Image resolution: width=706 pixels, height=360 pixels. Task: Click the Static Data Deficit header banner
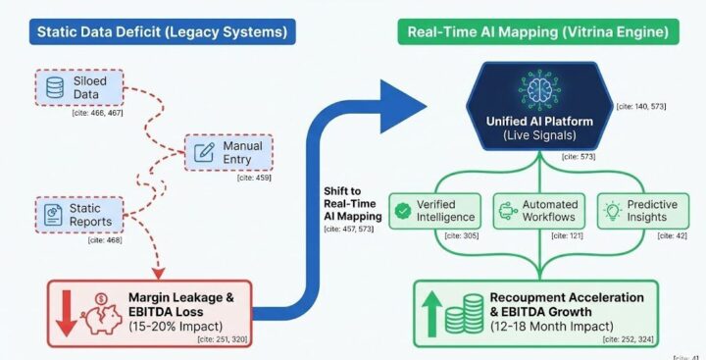pos(162,30)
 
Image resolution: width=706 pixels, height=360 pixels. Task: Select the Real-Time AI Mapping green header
pos(538,30)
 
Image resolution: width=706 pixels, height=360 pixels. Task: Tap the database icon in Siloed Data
pos(57,87)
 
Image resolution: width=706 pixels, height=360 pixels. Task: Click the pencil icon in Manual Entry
pos(205,152)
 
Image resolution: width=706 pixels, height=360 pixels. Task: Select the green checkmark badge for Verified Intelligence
pos(401,210)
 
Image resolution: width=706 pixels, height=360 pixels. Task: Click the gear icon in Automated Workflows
pos(508,210)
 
